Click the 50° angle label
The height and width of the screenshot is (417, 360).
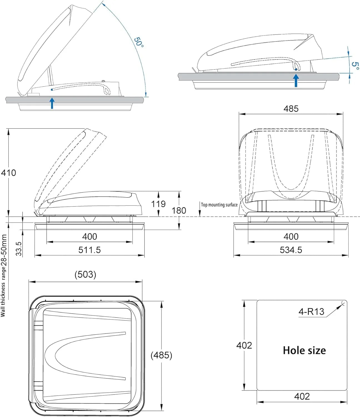[x=139, y=42]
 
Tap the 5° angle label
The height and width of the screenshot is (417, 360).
[x=355, y=66]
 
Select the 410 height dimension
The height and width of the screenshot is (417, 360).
[x=8, y=173]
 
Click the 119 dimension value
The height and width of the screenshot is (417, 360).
[x=158, y=204]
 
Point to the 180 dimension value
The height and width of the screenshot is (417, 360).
[x=179, y=210]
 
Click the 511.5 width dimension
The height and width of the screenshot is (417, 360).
[x=89, y=250]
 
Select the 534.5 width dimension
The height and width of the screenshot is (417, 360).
[x=291, y=250]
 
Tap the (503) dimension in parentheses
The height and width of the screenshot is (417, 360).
[x=85, y=274]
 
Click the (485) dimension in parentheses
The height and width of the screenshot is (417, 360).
[x=161, y=355]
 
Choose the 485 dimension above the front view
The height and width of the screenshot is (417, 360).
[x=291, y=108]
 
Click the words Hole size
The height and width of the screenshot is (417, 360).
[x=304, y=350]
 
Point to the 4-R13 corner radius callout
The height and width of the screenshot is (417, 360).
[x=311, y=312]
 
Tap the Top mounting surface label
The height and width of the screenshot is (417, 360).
[x=219, y=205]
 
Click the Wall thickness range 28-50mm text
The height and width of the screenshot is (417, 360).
[x=4, y=275]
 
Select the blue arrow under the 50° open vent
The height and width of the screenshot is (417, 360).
[x=52, y=103]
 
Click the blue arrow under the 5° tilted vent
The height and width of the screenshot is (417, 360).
[x=296, y=80]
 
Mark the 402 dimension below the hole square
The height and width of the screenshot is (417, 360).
[x=302, y=396]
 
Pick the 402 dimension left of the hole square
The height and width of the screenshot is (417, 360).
[x=244, y=345]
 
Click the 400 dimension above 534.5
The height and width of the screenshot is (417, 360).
[x=291, y=237]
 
